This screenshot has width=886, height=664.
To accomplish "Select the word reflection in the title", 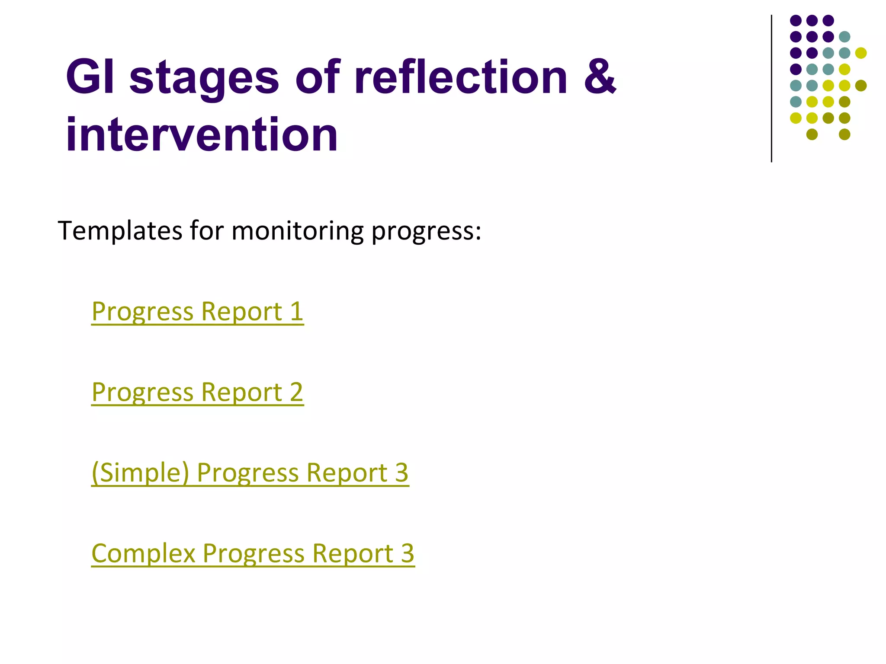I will click(460, 77).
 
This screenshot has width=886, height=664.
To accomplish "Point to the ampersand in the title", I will click(600, 77).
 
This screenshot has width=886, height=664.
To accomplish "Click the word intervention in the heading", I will click(202, 135).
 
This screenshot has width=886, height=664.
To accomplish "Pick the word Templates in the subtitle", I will click(120, 230).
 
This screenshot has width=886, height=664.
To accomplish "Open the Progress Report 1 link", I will click(197, 312).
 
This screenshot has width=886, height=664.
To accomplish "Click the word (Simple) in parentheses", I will click(140, 473).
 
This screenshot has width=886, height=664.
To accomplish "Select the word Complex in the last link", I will click(143, 554).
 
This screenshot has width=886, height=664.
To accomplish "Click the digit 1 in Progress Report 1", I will click(296, 312).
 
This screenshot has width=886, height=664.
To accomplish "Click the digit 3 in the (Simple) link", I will click(401, 473).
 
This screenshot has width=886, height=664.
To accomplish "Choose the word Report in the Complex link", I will click(353, 554).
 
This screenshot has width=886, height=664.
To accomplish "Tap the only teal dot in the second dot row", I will click(844, 37).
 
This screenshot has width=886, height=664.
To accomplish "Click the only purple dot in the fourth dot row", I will click(796, 69).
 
